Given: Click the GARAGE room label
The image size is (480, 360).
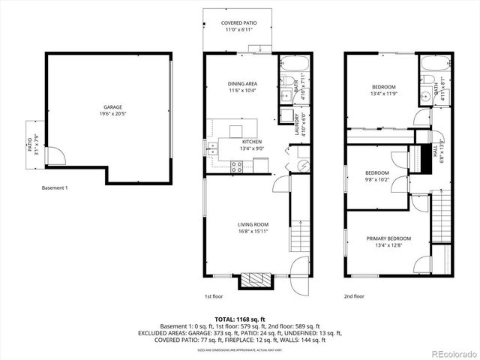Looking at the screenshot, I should tap(112, 107).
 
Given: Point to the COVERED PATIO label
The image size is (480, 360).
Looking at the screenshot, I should tap(239, 23).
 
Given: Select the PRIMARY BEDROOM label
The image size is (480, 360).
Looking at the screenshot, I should tap(388, 239).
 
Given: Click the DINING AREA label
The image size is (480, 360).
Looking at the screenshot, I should tap(242, 83).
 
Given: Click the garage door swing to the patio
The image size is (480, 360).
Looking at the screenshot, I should tap(55, 156).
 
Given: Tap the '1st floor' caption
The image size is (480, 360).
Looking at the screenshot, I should tap(214, 296).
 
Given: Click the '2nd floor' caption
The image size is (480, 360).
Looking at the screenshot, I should tap(354, 296).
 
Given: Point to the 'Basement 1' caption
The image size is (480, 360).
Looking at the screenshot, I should tap(55, 187).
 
